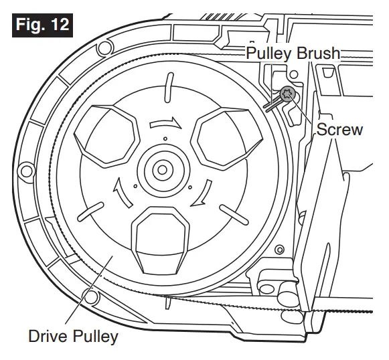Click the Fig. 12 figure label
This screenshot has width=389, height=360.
[x=42, y=25]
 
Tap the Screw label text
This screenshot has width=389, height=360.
[x=339, y=129]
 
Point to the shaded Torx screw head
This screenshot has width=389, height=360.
[x=287, y=95]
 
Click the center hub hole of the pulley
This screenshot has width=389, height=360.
[x=162, y=170]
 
